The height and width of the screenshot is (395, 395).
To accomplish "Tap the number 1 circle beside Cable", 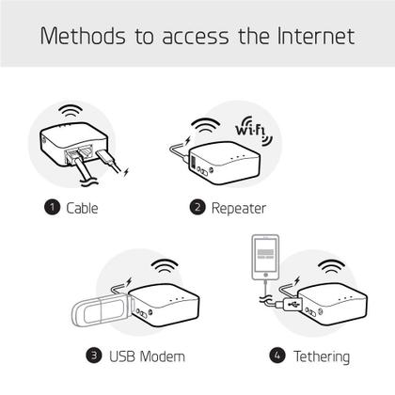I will (52, 207).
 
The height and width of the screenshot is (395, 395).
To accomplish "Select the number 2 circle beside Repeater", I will (197, 207).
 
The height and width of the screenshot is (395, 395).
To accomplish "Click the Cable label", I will (82, 207).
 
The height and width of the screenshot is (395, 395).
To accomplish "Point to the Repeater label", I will (239, 207).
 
